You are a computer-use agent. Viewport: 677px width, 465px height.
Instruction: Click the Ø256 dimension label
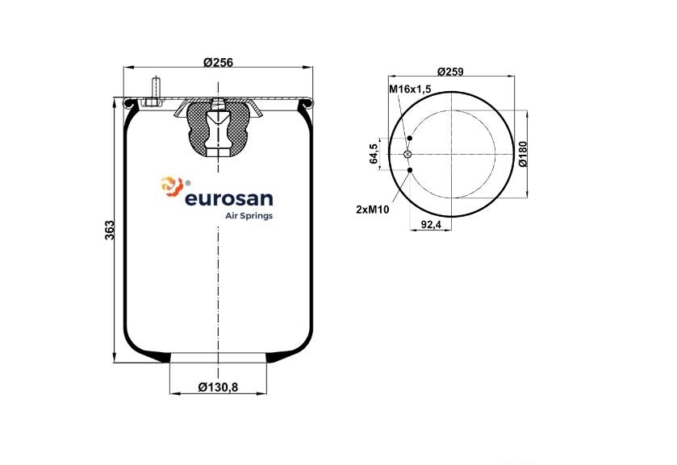(218, 63)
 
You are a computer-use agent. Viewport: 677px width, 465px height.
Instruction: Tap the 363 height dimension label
(110, 230)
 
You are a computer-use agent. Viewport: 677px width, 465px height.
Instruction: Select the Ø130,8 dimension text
(218, 388)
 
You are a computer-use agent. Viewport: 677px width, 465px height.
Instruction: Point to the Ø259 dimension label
(450, 72)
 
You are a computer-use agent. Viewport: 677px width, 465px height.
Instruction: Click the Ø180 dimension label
(522, 154)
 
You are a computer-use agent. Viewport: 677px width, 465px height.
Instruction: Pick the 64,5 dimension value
(374, 154)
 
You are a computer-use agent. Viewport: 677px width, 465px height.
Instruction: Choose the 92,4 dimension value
(431, 225)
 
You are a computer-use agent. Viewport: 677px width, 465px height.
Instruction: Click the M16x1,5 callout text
(410, 89)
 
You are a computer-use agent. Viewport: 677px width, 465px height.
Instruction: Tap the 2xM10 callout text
(373, 210)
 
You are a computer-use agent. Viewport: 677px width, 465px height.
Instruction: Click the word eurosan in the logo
(229, 199)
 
